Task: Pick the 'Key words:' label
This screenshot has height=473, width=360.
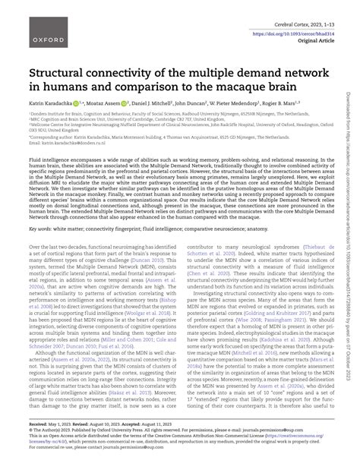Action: pos(41,228)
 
